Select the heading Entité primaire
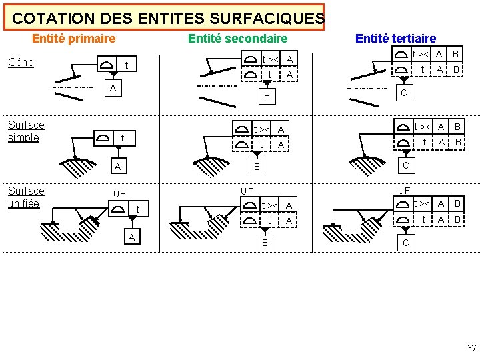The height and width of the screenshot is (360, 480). point(73,39)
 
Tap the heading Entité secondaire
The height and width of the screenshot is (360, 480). point(237,39)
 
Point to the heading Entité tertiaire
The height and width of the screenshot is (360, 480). point(395,39)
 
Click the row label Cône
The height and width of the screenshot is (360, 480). point(21,63)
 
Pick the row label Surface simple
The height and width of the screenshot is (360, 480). point(26,131)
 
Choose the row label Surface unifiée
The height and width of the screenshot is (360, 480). point(26,197)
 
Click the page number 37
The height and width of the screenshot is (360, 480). point(471,348)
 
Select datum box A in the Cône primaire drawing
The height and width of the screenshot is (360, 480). point(113,88)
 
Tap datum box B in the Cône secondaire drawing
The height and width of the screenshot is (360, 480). point(267,97)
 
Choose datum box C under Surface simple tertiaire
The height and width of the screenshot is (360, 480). point(405,164)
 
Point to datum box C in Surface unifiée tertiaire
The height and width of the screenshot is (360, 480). point(405,243)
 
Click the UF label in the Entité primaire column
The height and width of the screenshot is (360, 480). point(119,194)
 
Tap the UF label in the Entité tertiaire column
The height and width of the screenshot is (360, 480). point(404,191)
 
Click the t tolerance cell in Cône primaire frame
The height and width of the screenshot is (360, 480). point(127,65)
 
